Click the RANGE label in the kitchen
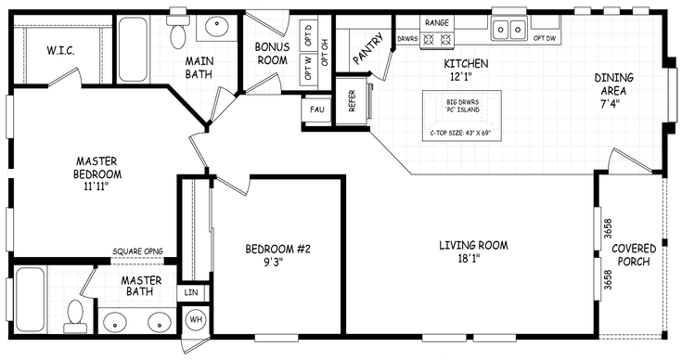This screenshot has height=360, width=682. pyautogui.click(x=437, y=21)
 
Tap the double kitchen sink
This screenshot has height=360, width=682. pyautogui.click(x=509, y=30)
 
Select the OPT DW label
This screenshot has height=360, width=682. pyautogui.click(x=545, y=38)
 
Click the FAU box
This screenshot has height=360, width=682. pyautogui.click(x=316, y=109)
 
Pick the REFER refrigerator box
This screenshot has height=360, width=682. pyautogui.click(x=353, y=100)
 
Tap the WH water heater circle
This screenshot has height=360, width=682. pyautogui.click(x=196, y=320)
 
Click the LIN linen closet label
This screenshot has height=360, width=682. pyautogui.click(x=192, y=292)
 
